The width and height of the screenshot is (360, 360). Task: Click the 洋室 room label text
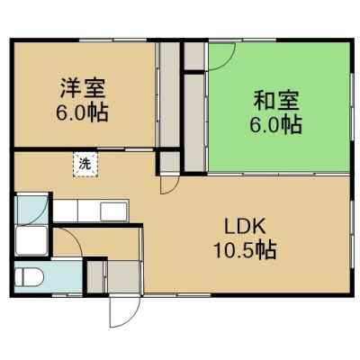[x=83, y=88]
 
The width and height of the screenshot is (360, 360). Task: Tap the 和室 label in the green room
[x=276, y=101]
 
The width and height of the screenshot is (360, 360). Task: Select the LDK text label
[x=246, y=227]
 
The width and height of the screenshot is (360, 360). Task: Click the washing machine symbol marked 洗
[x=85, y=165]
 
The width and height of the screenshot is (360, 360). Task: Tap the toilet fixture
[x=30, y=276]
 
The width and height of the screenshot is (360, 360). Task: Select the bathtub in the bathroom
[x=31, y=240]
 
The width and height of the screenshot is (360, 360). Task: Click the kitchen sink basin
[x=113, y=211]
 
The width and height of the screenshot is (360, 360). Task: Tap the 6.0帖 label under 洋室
[x=82, y=113]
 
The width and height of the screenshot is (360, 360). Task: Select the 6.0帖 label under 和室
[x=276, y=124]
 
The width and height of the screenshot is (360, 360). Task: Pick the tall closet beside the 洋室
[x=169, y=94]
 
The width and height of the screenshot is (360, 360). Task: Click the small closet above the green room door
[x=194, y=57]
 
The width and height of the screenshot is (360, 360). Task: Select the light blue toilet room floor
[x=49, y=276]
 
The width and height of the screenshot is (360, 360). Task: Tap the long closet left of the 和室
[x=194, y=123]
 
